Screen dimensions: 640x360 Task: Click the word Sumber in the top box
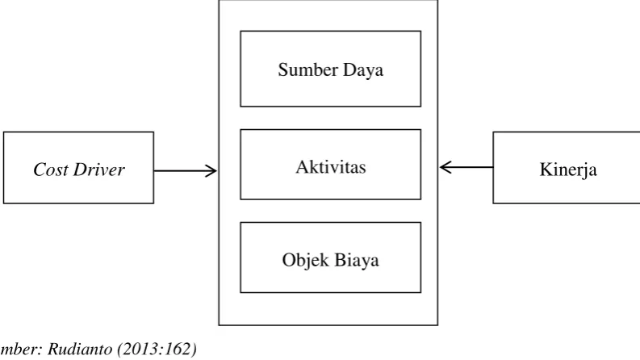[308, 69]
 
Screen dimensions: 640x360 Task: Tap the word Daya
[363, 70]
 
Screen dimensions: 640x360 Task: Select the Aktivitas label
[331, 166]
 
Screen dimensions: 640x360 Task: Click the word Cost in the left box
[51, 169]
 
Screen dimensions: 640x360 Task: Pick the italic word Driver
[98, 169]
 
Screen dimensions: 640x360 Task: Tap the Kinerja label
[568, 170]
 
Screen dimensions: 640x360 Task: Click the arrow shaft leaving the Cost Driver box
[185, 170]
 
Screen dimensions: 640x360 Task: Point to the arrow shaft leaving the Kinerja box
[466, 167]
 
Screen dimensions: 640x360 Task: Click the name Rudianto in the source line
[80, 349]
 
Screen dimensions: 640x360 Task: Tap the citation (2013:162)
[157, 349]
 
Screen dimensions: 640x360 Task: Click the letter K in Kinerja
[546, 170]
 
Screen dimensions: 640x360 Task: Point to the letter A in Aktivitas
[302, 166]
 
